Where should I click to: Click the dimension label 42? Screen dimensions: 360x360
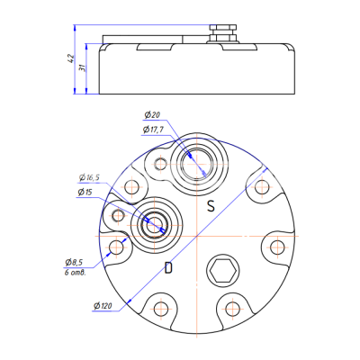(x=70, y=58)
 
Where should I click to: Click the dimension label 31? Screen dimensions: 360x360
(x=82, y=67)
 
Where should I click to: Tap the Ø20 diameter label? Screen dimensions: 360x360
(x=152, y=115)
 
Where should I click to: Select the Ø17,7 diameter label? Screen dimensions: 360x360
(x=153, y=130)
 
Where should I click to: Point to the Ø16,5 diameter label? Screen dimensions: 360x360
(x=89, y=178)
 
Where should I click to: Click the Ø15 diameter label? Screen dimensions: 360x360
(x=85, y=193)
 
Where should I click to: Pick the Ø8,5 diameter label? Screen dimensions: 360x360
(x=74, y=263)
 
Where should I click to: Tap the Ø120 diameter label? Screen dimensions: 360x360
(x=103, y=306)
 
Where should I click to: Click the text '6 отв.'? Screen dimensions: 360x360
(x=76, y=273)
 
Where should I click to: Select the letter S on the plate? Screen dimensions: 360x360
(x=211, y=206)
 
